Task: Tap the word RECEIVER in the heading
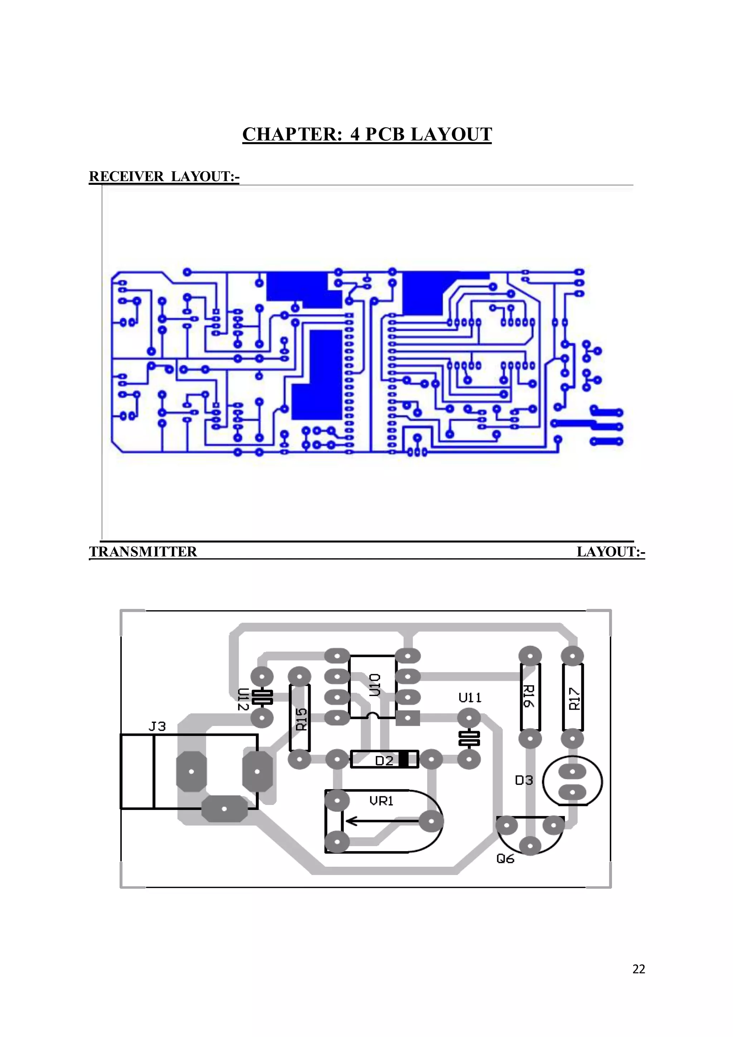126,176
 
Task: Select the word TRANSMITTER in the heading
143,551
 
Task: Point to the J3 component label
157,726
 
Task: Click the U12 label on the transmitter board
243,699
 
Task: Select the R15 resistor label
301,719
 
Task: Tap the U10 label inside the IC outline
375,684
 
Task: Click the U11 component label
470,698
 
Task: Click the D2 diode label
384,761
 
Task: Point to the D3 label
524,780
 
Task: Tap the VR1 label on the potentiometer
382,801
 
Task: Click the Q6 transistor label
505,859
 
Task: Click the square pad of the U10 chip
408,718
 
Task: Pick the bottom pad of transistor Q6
530,845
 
